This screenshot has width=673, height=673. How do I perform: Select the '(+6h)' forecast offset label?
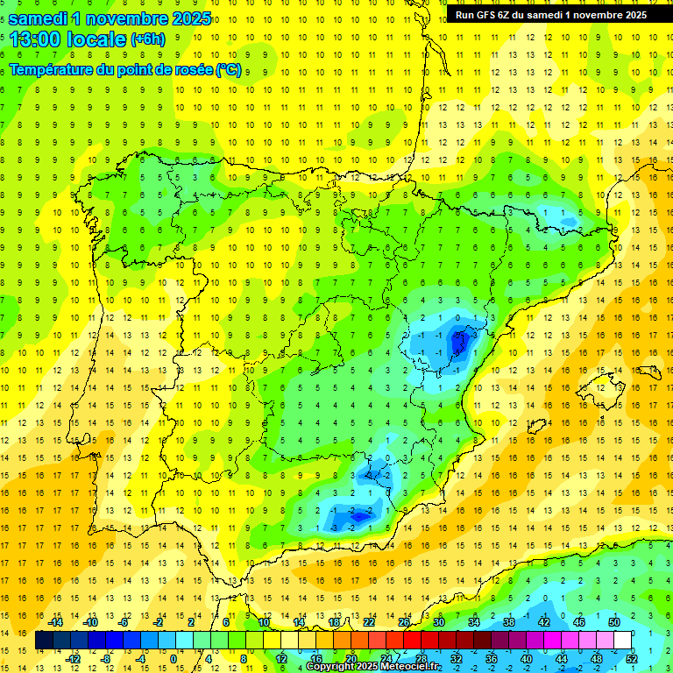[x=147, y=39]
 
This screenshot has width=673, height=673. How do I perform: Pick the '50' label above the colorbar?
[x=614, y=622]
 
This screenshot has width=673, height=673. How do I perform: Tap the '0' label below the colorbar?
[x=173, y=658]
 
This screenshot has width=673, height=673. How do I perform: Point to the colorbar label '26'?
[x=404, y=622]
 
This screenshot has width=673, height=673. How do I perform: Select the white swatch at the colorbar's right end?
[x=623, y=640]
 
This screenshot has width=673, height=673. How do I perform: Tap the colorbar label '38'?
[x=509, y=622]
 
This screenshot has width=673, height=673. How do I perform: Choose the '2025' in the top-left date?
[x=185, y=18]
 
